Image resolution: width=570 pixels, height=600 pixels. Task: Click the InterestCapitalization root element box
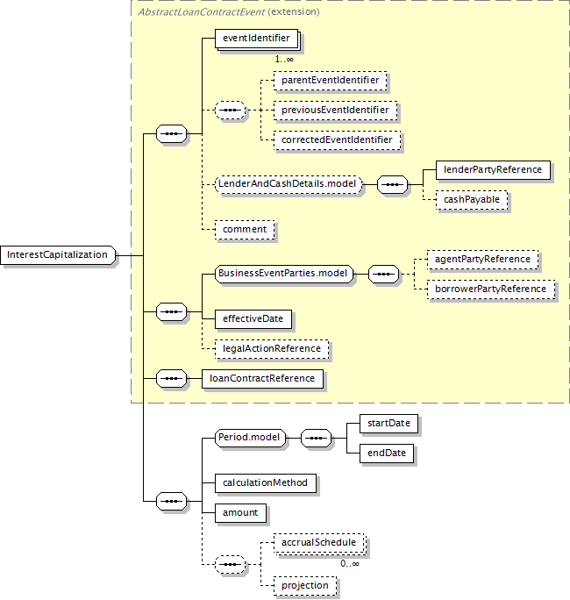(x=58, y=255)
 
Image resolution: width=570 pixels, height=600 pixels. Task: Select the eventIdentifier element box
(x=257, y=39)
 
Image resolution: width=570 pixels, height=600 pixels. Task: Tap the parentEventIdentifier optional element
(x=330, y=81)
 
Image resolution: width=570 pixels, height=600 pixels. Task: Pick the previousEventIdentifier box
(x=335, y=111)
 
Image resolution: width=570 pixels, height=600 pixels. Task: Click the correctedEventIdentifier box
(x=337, y=140)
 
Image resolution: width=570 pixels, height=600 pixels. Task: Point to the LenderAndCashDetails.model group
(x=289, y=184)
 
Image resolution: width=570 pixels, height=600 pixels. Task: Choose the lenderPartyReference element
(x=493, y=170)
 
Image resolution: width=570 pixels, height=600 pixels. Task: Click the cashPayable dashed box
(x=472, y=200)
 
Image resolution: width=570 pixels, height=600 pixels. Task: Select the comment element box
(x=245, y=230)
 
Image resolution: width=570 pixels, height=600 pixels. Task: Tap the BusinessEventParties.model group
(x=284, y=274)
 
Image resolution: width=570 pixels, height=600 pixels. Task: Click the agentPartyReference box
(x=483, y=260)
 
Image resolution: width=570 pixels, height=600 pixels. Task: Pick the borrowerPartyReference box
(x=491, y=289)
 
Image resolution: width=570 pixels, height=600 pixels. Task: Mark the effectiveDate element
(x=253, y=319)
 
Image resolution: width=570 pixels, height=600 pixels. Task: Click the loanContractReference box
(x=262, y=379)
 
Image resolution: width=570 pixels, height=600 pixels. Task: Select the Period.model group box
(x=250, y=438)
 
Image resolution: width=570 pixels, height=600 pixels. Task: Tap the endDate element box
(x=387, y=454)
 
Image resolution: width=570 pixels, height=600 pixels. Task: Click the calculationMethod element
(x=266, y=483)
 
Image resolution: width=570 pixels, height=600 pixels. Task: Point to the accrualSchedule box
(x=319, y=543)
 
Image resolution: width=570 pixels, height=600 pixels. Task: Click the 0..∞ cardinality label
(x=350, y=564)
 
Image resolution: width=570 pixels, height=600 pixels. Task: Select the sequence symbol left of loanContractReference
(x=171, y=379)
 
